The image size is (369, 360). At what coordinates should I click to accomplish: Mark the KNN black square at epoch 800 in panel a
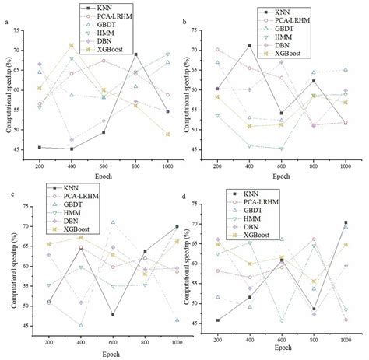pyautogui.click(x=136, y=54)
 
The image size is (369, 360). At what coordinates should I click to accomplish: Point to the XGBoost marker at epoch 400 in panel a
pyautogui.click(x=72, y=45)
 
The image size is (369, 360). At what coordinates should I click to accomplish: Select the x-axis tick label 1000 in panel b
pyautogui.click(x=345, y=166)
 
